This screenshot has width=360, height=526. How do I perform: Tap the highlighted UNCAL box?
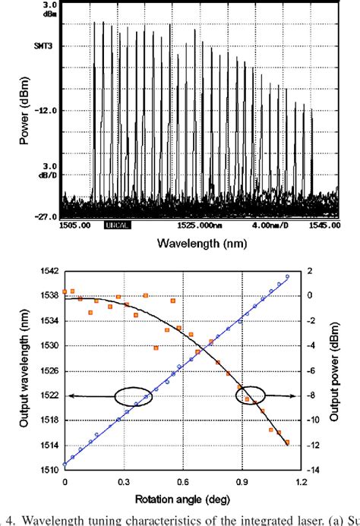click(119, 225)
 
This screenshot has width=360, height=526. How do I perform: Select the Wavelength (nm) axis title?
click(198, 244)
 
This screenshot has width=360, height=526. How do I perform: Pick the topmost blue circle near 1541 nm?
click(288, 276)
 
